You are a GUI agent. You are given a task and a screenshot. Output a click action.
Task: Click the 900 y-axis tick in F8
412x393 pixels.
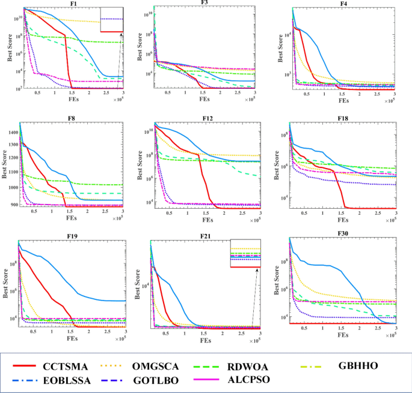point(13,205)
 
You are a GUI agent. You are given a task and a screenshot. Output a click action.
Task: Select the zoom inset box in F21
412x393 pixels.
point(247,254)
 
